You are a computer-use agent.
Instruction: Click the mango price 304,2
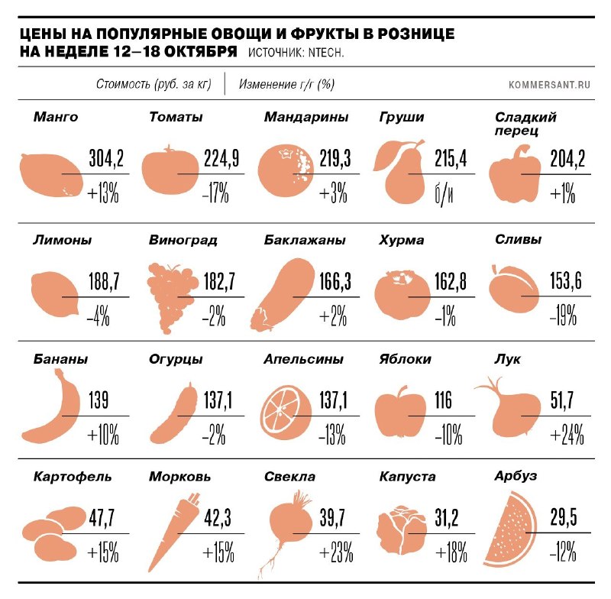click(106, 158)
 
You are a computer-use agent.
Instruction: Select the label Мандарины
click(306, 117)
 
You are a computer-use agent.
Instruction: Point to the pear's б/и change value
click(444, 194)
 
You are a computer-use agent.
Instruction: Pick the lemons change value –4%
click(99, 316)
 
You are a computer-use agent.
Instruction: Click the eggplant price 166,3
click(335, 281)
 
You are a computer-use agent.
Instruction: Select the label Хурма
click(402, 240)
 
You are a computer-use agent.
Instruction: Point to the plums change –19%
click(563, 316)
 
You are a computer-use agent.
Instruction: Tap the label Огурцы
click(176, 359)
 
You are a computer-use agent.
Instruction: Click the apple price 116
click(443, 400)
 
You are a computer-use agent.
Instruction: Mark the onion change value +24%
click(567, 435)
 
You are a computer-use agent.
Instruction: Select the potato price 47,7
click(102, 518)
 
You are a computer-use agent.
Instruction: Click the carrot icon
click(173, 532)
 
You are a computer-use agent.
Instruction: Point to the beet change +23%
click(336, 552)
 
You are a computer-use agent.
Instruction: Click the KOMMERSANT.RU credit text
click(549, 85)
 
